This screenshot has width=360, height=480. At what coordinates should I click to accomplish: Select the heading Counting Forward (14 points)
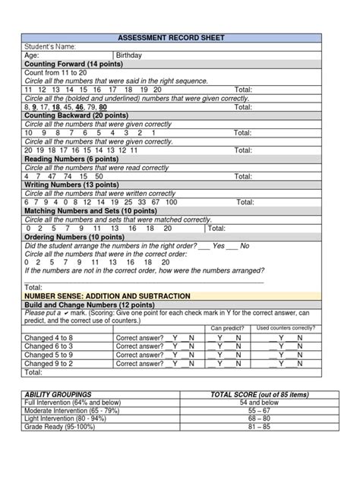click(68, 65)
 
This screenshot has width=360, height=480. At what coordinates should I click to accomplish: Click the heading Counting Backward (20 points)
click(71, 115)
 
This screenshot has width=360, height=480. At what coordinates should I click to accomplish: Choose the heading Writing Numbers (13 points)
click(68, 185)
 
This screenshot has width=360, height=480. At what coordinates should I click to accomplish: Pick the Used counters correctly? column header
click(286, 328)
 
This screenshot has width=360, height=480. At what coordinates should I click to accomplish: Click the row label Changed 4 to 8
click(49, 337)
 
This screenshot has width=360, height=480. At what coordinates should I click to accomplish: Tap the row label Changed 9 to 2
click(49, 364)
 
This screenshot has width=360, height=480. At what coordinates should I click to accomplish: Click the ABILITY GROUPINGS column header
click(58, 395)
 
